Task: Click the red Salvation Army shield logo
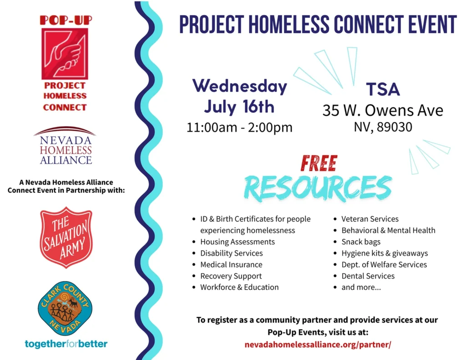click(x=66, y=238)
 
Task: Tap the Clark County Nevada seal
click(x=65, y=308)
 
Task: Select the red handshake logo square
click(x=65, y=54)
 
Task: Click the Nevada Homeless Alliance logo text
click(x=66, y=150)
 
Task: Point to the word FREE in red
click(x=319, y=163)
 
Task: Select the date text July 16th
click(x=239, y=106)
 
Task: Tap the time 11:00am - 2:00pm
click(x=239, y=127)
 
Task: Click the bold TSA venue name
click(x=383, y=89)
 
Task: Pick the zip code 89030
click(x=395, y=127)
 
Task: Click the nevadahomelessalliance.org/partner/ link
click(x=318, y=345)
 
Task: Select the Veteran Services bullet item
click(x=370, y=219)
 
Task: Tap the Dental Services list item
click(x=368, y=276)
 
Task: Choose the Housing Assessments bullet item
click(x=238, y=242)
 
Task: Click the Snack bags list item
click(x=361, y=242)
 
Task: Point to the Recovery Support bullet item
click(x=231, y=276)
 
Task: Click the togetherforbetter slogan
click(x=66, y=344)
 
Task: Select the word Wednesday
click(x=239, y=86)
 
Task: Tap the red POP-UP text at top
click(x=66, y=20)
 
